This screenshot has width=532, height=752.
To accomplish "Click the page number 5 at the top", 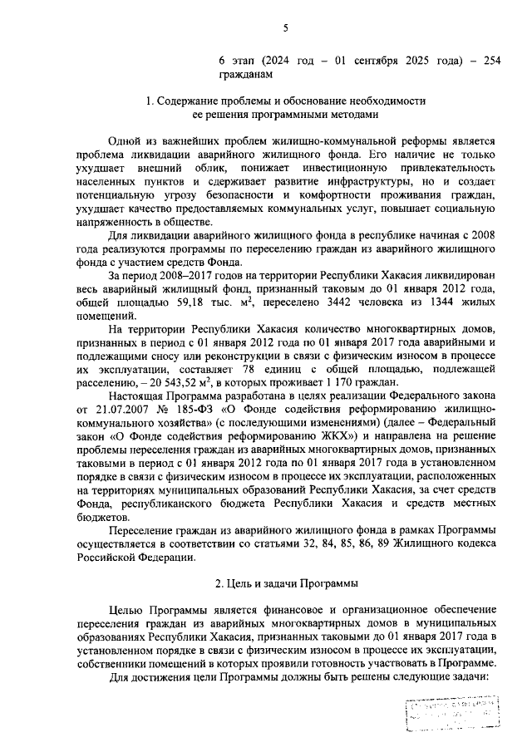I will point(284,28).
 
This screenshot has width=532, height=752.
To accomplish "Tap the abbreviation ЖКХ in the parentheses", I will point(335,435).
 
